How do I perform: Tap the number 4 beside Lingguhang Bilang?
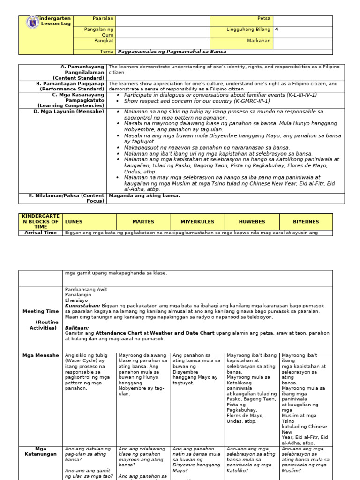pos(277,29)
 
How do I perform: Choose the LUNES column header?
pos(74,221)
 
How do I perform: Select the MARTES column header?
pos(143,221)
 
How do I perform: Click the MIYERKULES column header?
pos(198,221)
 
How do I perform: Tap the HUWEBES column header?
pos(252,221)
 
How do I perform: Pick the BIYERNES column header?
pos(306,221)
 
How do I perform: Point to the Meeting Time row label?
pos(40,311)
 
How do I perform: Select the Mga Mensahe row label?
pos(40,355)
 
